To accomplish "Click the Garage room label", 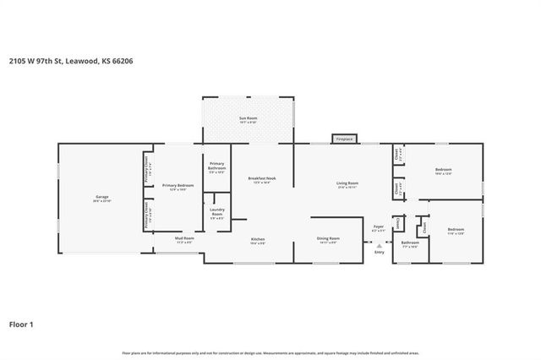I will click(x=101, y=199).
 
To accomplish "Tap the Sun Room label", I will click(x=248, y=118).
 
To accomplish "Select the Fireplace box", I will click(x=344, y=139).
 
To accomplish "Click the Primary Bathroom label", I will click(x=217, y=167).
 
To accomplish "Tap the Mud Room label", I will click(x=184, y=239).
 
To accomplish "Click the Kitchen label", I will click(x=258, y=240).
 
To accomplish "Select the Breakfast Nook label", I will click(x=260, y=178).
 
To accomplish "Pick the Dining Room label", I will click(x=328, y=239).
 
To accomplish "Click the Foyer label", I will click(x=379, y=226).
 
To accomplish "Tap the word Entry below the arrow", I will click(x=379, y=252).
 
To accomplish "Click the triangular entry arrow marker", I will click(x=379, y=245).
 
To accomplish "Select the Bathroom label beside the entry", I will click(x=410, y=243).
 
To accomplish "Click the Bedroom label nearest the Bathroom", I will click(x=456, y=230).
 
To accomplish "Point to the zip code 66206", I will click(x=123, y=61).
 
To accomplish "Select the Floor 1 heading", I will click(x=21, y=323).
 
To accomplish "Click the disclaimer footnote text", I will click(x=270, y=352).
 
